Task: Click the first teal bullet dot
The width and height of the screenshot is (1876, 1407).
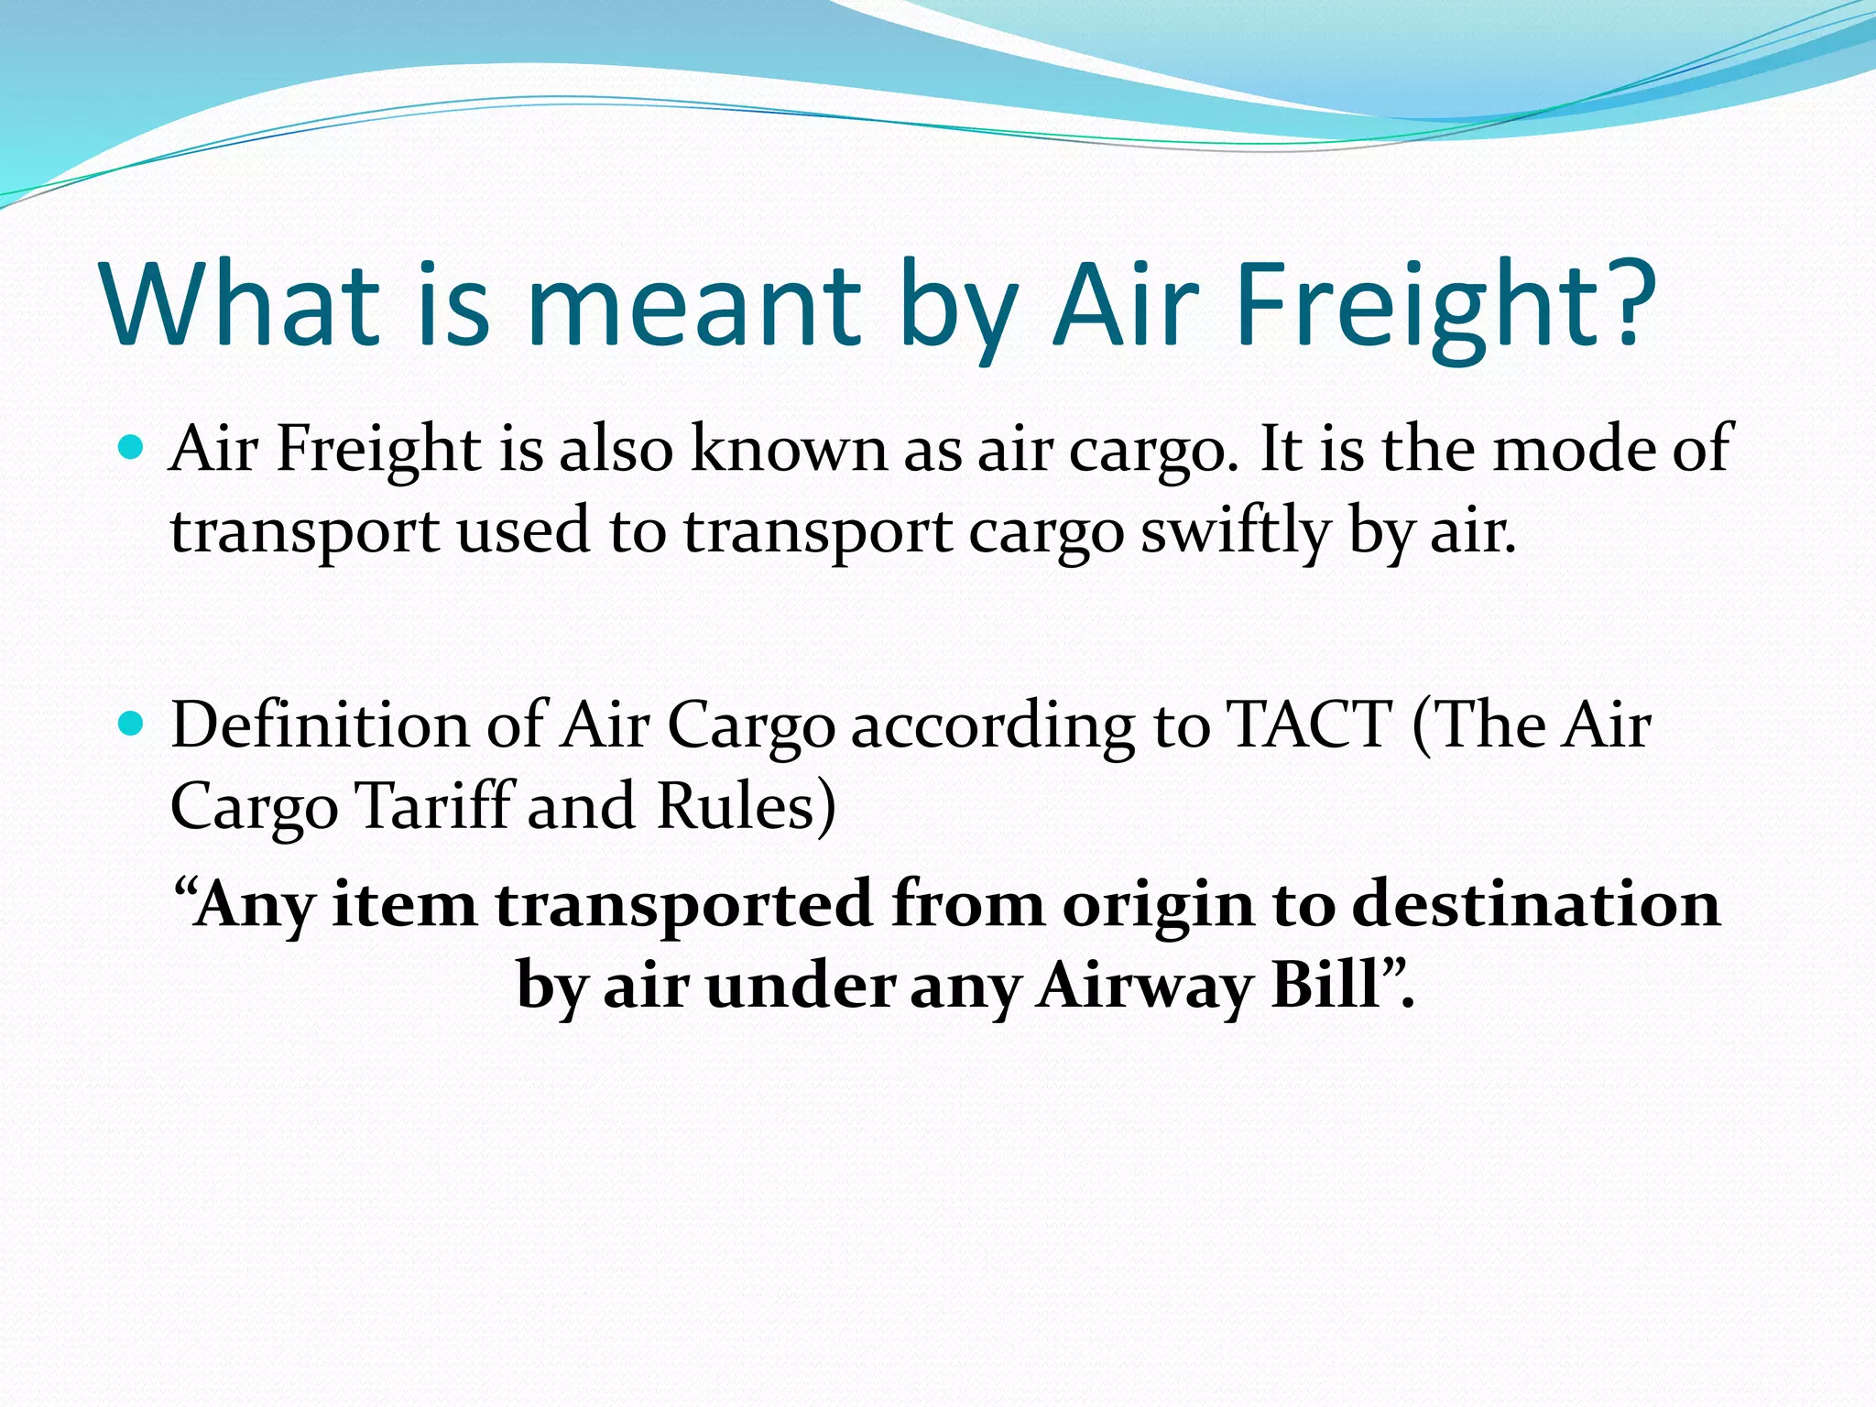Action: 133,448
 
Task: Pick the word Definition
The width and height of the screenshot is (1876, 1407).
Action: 320,725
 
